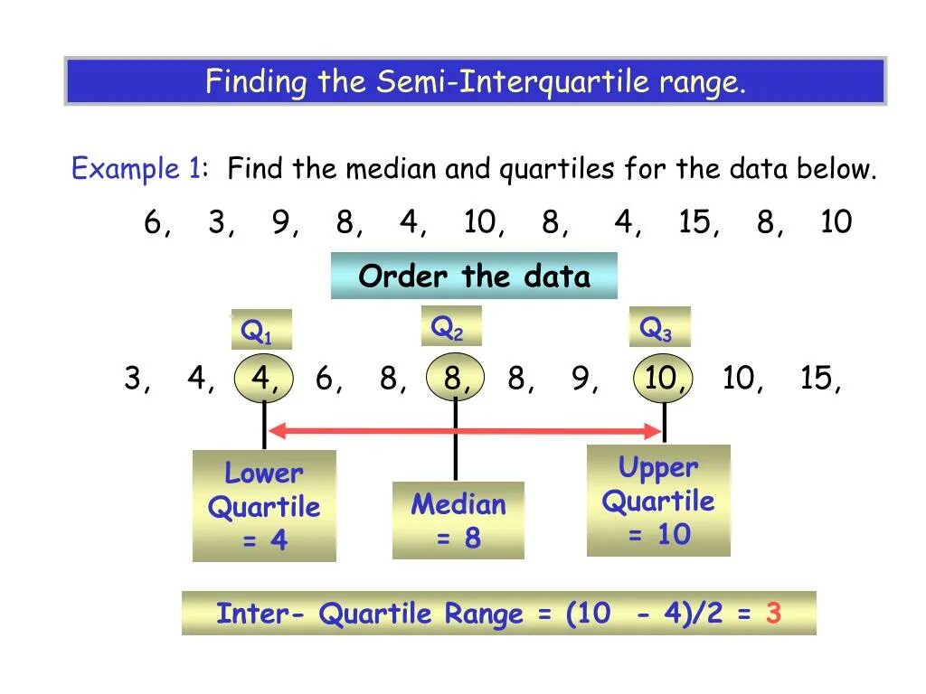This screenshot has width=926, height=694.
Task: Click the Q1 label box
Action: tap(261, 330)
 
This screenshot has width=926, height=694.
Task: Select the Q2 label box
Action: tap(451, 325)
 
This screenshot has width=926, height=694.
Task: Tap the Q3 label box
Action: tap(659, 327)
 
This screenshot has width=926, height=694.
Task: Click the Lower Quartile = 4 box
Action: tap(264, 506)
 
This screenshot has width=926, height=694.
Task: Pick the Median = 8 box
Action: tap(458, 520)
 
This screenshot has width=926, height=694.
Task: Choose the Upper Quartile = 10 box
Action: tap(658, 501)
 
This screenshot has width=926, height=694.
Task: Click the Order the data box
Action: tap(474, 276)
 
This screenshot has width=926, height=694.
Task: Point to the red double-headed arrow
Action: tap(465, 431)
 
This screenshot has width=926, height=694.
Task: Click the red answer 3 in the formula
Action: tap(773, 614)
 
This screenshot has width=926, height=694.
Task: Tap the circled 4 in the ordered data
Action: tap(264, 379)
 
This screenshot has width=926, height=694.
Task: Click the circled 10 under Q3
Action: tap(663, 379)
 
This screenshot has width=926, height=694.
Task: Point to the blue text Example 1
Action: tap(136, 169)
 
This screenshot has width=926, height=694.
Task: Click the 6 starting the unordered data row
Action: tap(153, 222)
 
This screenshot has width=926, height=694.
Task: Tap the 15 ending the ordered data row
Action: tap(817, 379)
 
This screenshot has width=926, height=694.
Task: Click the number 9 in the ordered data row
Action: tap(580, 379)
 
